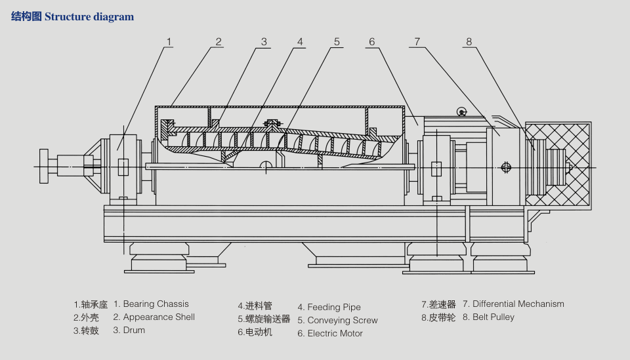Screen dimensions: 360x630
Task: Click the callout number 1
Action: (x=169, y=42)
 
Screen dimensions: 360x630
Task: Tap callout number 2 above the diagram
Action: (x=219, y=42)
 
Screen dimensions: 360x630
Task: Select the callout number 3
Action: (x=264, y=42)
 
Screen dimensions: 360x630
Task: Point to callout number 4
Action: (x=300, y=42)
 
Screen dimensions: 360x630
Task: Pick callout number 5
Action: (x=337, y=42)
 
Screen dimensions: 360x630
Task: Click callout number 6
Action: (x=371, y=42)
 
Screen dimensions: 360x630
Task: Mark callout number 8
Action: (x=469, y=42)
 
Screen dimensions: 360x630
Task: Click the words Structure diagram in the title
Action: (x=89, y=16)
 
